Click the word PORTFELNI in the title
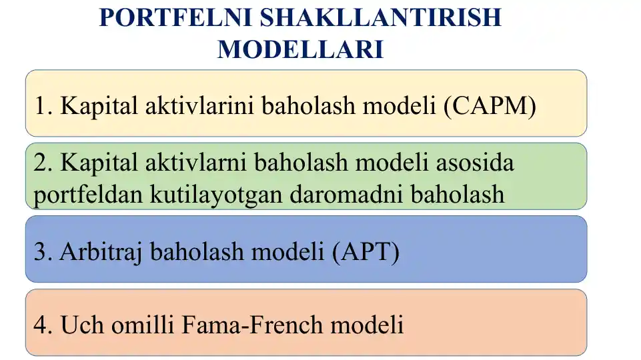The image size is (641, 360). pyautogui.click(x=175, y=18)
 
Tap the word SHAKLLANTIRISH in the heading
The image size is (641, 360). pyautogui.click(x=380, y=18)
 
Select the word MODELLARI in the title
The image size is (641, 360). pyautogui.click(x=300, y=49)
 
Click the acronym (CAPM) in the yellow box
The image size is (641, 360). pyautogui.click(x=489, y=105)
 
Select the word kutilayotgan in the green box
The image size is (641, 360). pyautogui.click(x=218, y=194)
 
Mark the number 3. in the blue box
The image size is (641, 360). pyautogui.click(x=43, y=252)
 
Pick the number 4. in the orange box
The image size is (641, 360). pyautogui.click(x=44, y=325)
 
